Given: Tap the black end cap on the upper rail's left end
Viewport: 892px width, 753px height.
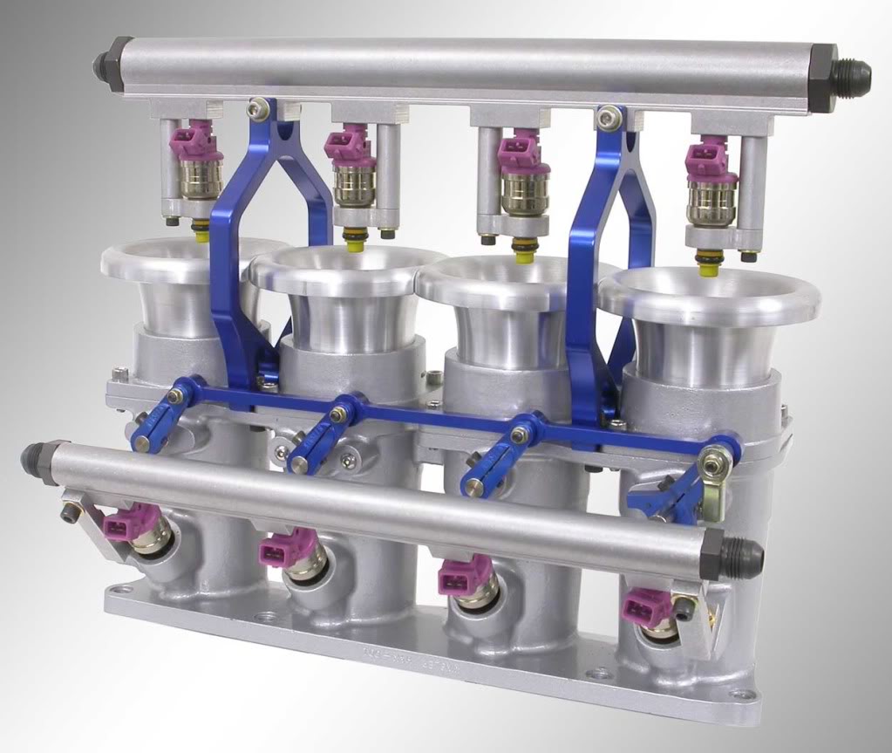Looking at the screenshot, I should [x=108, y=63].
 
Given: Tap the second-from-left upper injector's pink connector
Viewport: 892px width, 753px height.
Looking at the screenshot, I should [x=346, y=143].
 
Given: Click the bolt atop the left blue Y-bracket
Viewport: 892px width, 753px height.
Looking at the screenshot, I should [x=256, y=107].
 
